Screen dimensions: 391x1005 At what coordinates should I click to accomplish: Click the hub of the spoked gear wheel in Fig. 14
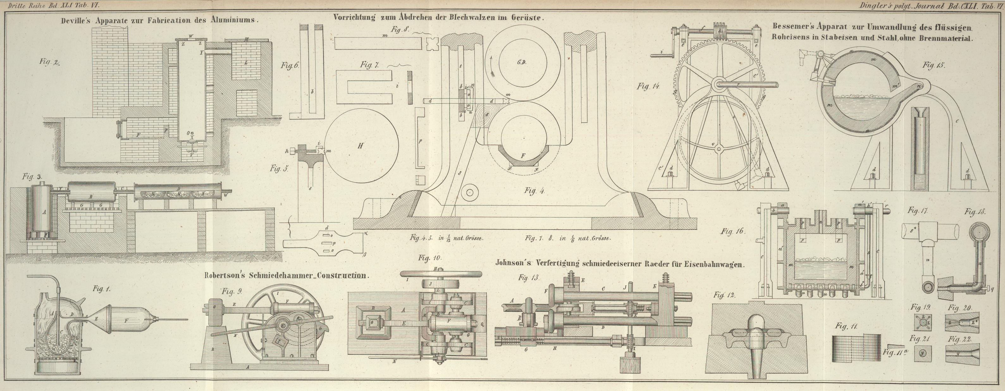tap(720, 83)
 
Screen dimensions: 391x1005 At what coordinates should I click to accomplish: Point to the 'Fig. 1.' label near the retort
tap(102, 289)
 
